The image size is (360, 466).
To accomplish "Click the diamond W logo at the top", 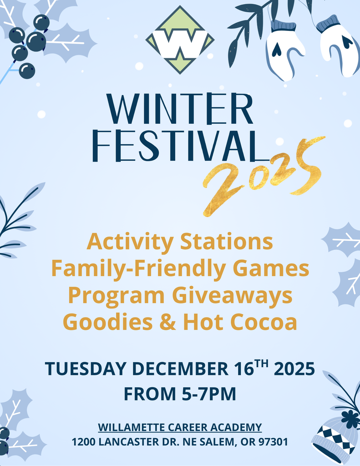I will [x=180, y=40].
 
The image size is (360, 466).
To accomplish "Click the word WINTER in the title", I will [x=180, y=109].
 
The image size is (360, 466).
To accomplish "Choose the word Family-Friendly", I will [x=138, y=268].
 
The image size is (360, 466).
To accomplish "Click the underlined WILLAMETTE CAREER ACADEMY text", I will [x=180, y=427].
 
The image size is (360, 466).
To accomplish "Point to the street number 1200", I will [x=83, y=441].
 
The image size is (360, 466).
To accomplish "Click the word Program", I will [x=116, y=295].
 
